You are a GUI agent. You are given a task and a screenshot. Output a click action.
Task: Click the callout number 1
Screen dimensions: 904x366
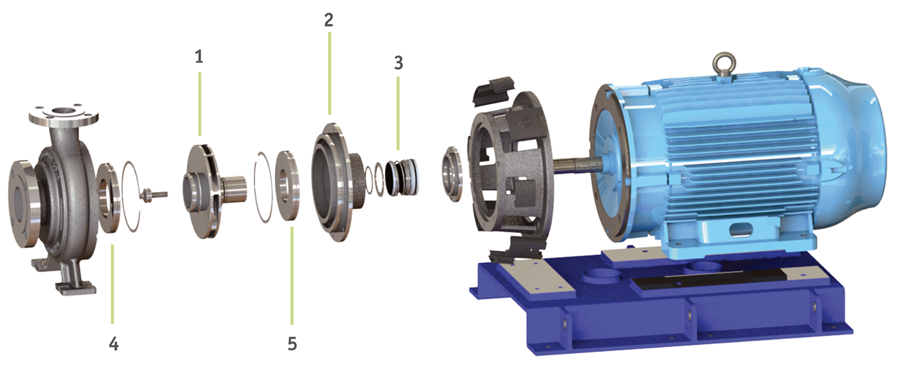coord(199,57)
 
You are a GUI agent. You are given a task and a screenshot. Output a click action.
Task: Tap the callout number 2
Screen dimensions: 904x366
coord(329,20)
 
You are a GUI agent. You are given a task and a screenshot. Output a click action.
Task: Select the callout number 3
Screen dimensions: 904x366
coord(398,63)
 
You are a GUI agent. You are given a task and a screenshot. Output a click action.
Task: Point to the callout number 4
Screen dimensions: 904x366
coord(114,344)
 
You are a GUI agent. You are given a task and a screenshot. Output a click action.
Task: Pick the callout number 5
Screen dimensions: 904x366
coord(292,344)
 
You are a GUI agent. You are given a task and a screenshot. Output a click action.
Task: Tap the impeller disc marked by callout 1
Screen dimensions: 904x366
coord(201,191)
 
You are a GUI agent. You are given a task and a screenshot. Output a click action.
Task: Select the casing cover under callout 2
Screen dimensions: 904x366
coord(334,183)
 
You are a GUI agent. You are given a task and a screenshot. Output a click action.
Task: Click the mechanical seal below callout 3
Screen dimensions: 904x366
coord(402,178)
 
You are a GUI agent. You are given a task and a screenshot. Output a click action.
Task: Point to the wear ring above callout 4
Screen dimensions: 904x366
coord(108,198)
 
